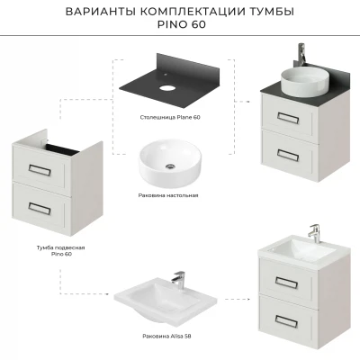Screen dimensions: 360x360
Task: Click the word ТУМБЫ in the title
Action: click(x=272, y=12)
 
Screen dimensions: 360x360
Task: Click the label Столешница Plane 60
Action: click(x=170, y=117)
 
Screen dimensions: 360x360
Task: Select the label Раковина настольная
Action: click(x=168, y=195)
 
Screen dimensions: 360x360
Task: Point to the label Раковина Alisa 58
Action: click(x=166, y=336)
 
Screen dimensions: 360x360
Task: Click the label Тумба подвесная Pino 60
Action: click(x=61, y=251)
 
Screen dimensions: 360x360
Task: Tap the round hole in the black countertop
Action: click(x=167, y=88)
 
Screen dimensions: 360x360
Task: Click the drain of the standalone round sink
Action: click(x=171, y=166)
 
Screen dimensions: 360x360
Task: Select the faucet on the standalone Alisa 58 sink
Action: click(x=179, y=280)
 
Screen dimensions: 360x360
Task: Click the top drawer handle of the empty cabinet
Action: click(x=40, y=170)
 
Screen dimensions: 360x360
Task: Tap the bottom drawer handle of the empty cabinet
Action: click(x=40, y=209)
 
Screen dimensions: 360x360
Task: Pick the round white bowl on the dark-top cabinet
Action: click(x=303, y=82)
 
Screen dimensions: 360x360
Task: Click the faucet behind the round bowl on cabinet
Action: click(x=301, y=55)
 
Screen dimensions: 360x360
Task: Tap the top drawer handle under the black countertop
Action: click(x=288, y=118)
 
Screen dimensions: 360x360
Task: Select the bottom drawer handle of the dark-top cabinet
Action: click(x=288, y=155)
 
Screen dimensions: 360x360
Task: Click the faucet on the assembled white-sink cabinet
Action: click(x=314, y=234)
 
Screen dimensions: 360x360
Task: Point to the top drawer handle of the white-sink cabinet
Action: click(x=286, y=283)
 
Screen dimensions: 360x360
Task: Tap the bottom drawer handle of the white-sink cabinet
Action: click(x=286, y=321)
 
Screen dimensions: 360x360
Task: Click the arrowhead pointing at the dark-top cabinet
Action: click(x=247, y=102)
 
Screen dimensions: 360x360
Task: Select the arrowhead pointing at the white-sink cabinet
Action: click(x=247, y=299)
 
